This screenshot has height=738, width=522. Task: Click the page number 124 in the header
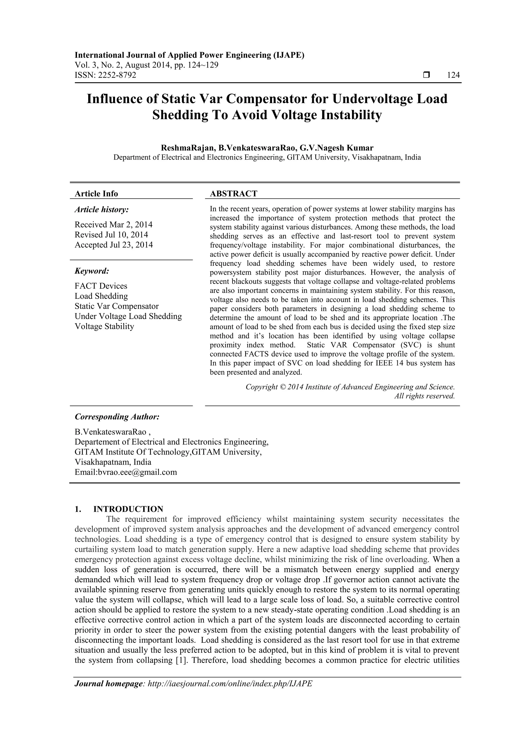453,75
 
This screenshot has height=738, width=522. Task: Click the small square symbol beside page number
426,75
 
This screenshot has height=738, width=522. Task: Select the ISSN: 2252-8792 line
106,75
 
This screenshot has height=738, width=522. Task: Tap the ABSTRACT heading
233,194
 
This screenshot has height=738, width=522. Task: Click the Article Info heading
96,194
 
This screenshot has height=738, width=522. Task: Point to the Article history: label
102,210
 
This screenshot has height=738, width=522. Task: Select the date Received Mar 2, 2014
113,224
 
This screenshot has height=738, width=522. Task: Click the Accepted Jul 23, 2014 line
113,245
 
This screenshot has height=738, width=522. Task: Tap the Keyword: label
92,271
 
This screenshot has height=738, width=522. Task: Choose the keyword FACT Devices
101,286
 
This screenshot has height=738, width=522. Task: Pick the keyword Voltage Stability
104,326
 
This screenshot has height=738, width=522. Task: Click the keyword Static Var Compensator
116,306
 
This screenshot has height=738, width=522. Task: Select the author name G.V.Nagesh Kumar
336,148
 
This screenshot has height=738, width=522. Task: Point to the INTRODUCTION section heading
128,509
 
